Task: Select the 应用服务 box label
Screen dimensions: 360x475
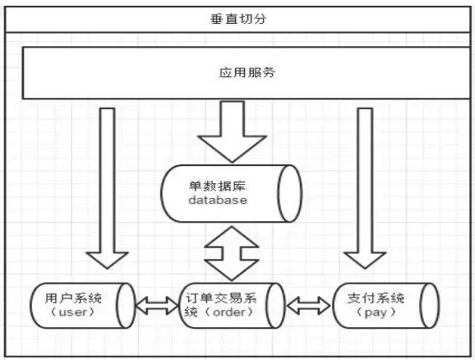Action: (x=247, y=72)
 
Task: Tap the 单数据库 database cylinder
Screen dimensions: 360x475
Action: (x=230, y=194)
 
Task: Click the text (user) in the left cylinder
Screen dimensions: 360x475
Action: (x=73, y=313)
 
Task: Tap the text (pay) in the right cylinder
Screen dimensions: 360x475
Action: (x=379, y=313)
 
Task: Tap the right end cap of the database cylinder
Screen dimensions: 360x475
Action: (x=288, y=194)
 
